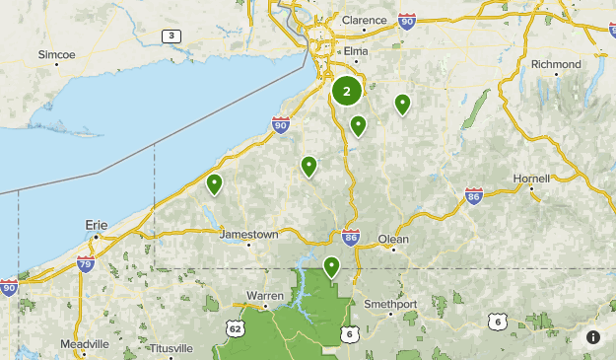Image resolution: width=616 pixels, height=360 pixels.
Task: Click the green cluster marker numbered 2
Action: point(347,91)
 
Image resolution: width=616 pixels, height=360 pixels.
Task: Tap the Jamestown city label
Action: point(248,235)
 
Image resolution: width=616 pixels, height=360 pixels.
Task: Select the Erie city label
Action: point(96,225)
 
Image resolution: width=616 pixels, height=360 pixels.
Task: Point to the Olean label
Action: point(393,239)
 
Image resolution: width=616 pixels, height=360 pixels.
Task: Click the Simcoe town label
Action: point(56,53)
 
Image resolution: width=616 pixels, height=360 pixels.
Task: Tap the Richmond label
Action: point(556,64)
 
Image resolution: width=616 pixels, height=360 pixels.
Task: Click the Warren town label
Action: point(264,295)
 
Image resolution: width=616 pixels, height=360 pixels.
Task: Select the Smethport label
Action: point(392,304)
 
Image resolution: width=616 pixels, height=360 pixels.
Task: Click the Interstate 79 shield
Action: point(86,263)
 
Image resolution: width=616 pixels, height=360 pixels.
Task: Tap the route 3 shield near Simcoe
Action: point(172,36)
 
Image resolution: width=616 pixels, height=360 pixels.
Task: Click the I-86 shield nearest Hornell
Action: point(474,195)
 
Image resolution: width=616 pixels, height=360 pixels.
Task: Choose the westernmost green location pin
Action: point(214,182)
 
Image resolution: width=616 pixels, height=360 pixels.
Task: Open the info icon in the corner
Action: point(593,337)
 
